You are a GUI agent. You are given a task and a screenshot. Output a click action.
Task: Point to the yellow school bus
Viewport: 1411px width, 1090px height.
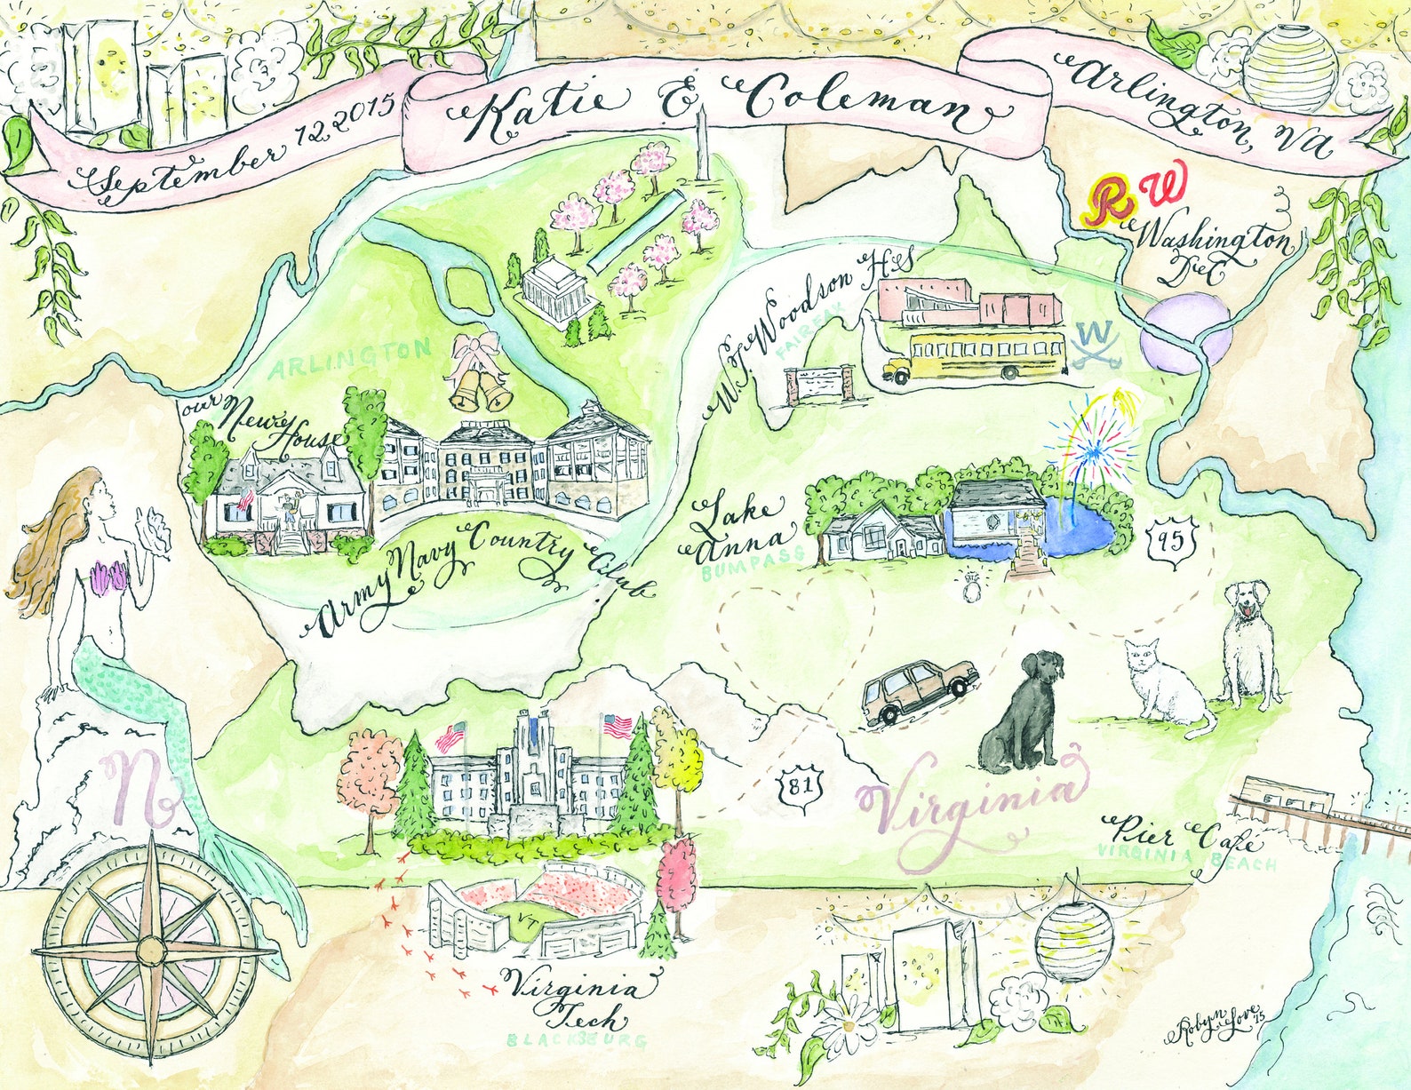pyautogui.click(x=974, y=356)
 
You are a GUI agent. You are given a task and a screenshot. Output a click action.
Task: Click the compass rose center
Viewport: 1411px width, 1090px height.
pyautogui.click(x=149, y=950)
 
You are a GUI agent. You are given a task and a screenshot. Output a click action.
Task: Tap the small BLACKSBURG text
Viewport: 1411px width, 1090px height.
pyautogui.click(x=577, y=1039)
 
